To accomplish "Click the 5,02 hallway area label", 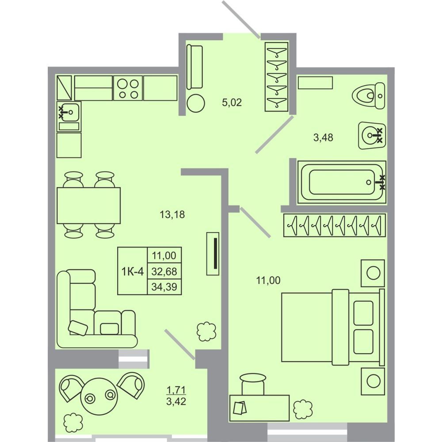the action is coord(232,103).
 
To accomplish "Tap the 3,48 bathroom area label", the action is coord(323,137).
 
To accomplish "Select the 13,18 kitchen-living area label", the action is coord(172,214).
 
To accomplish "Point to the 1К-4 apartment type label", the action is coord(133,272).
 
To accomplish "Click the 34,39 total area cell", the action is coord(164,287).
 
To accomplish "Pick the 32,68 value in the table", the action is coord(164,271).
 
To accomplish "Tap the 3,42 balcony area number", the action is coord(176,401).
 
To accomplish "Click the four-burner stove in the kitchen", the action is coord(128,88).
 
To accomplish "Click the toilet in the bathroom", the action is coord(369,96).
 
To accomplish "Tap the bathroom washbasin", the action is coord(372,136).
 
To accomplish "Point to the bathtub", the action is coord(342,182).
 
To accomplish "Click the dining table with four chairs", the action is coord(89,205).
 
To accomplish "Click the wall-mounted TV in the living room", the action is coord(213,253).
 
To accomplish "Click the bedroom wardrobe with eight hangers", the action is coord(334,225).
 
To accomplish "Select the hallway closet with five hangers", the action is coord(277,77).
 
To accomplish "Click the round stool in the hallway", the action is coord(195,103).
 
